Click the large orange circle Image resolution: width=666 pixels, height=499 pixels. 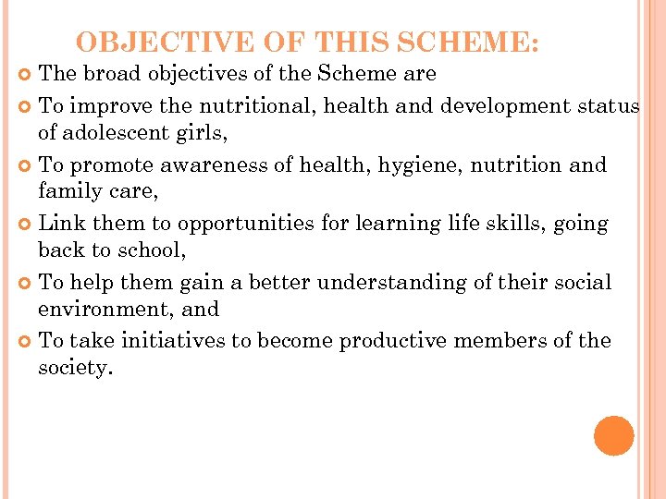tap(614, 436)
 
